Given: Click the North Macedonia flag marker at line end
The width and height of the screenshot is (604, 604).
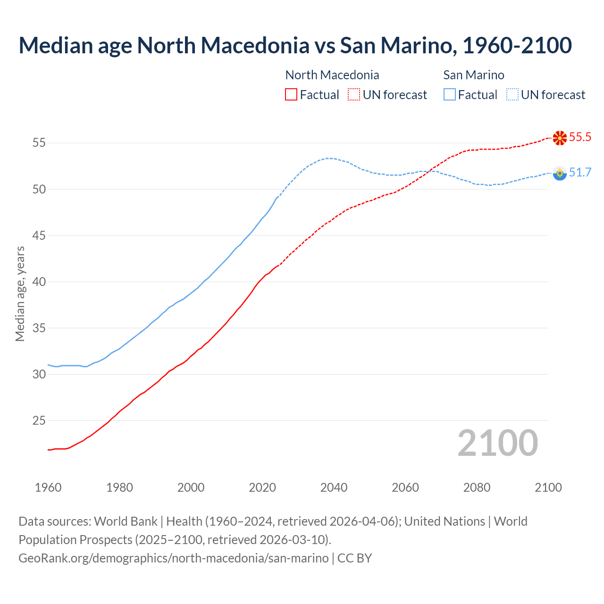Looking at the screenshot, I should pos(560,138).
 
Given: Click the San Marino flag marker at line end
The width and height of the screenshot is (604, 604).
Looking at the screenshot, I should pos(560,173).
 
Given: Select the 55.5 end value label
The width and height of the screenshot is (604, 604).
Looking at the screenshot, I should pos(580,137).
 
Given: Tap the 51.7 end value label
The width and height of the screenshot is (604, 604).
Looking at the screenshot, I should pos(580,173).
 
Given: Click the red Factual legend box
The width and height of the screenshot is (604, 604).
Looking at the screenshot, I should pos(291,95).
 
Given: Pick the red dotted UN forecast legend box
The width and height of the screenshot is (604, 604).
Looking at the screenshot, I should pos(354,95).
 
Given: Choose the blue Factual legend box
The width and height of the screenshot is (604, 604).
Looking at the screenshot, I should pos(450,95).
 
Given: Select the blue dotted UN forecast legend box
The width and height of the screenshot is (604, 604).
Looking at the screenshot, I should pos(512,95).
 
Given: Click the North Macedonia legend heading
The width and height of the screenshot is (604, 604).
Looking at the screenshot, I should pos(332,75).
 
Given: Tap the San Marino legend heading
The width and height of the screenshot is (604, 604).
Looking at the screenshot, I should pos(474,75).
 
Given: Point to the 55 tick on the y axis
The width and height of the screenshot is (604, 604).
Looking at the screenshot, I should pos(39,143).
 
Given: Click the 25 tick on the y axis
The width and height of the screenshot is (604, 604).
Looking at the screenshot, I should pos(39,420).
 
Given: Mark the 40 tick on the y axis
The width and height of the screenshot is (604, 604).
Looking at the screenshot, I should pos(39,282).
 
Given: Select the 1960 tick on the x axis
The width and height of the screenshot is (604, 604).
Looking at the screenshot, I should pos(48,487).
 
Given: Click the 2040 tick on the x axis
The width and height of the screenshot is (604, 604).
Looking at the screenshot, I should pos(334,487).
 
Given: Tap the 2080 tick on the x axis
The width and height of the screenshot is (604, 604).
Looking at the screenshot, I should pos(477,487).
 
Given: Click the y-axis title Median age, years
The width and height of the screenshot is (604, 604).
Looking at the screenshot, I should pos(20,293).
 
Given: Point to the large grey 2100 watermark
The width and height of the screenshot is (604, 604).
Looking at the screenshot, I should pos(497,443).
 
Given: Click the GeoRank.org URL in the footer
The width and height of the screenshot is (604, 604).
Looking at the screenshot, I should pos(174,558).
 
